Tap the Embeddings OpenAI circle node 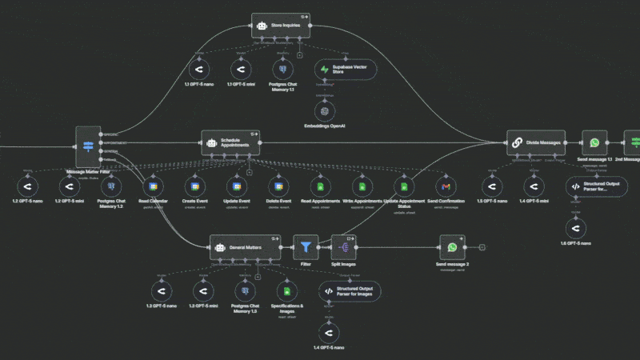(x=326, y=110)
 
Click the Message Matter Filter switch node (x=89, y=146)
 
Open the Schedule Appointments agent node (x=230, y=143)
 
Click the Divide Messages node (x=535, y=143)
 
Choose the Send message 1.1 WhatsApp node (x=594, y=143)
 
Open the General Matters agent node (x=246, y=248)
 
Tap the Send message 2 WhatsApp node (x=453, y=248)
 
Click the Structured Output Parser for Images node (x=350, y=291)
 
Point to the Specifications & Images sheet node (x=284, y=291)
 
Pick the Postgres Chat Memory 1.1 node (x=280, y=70)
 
